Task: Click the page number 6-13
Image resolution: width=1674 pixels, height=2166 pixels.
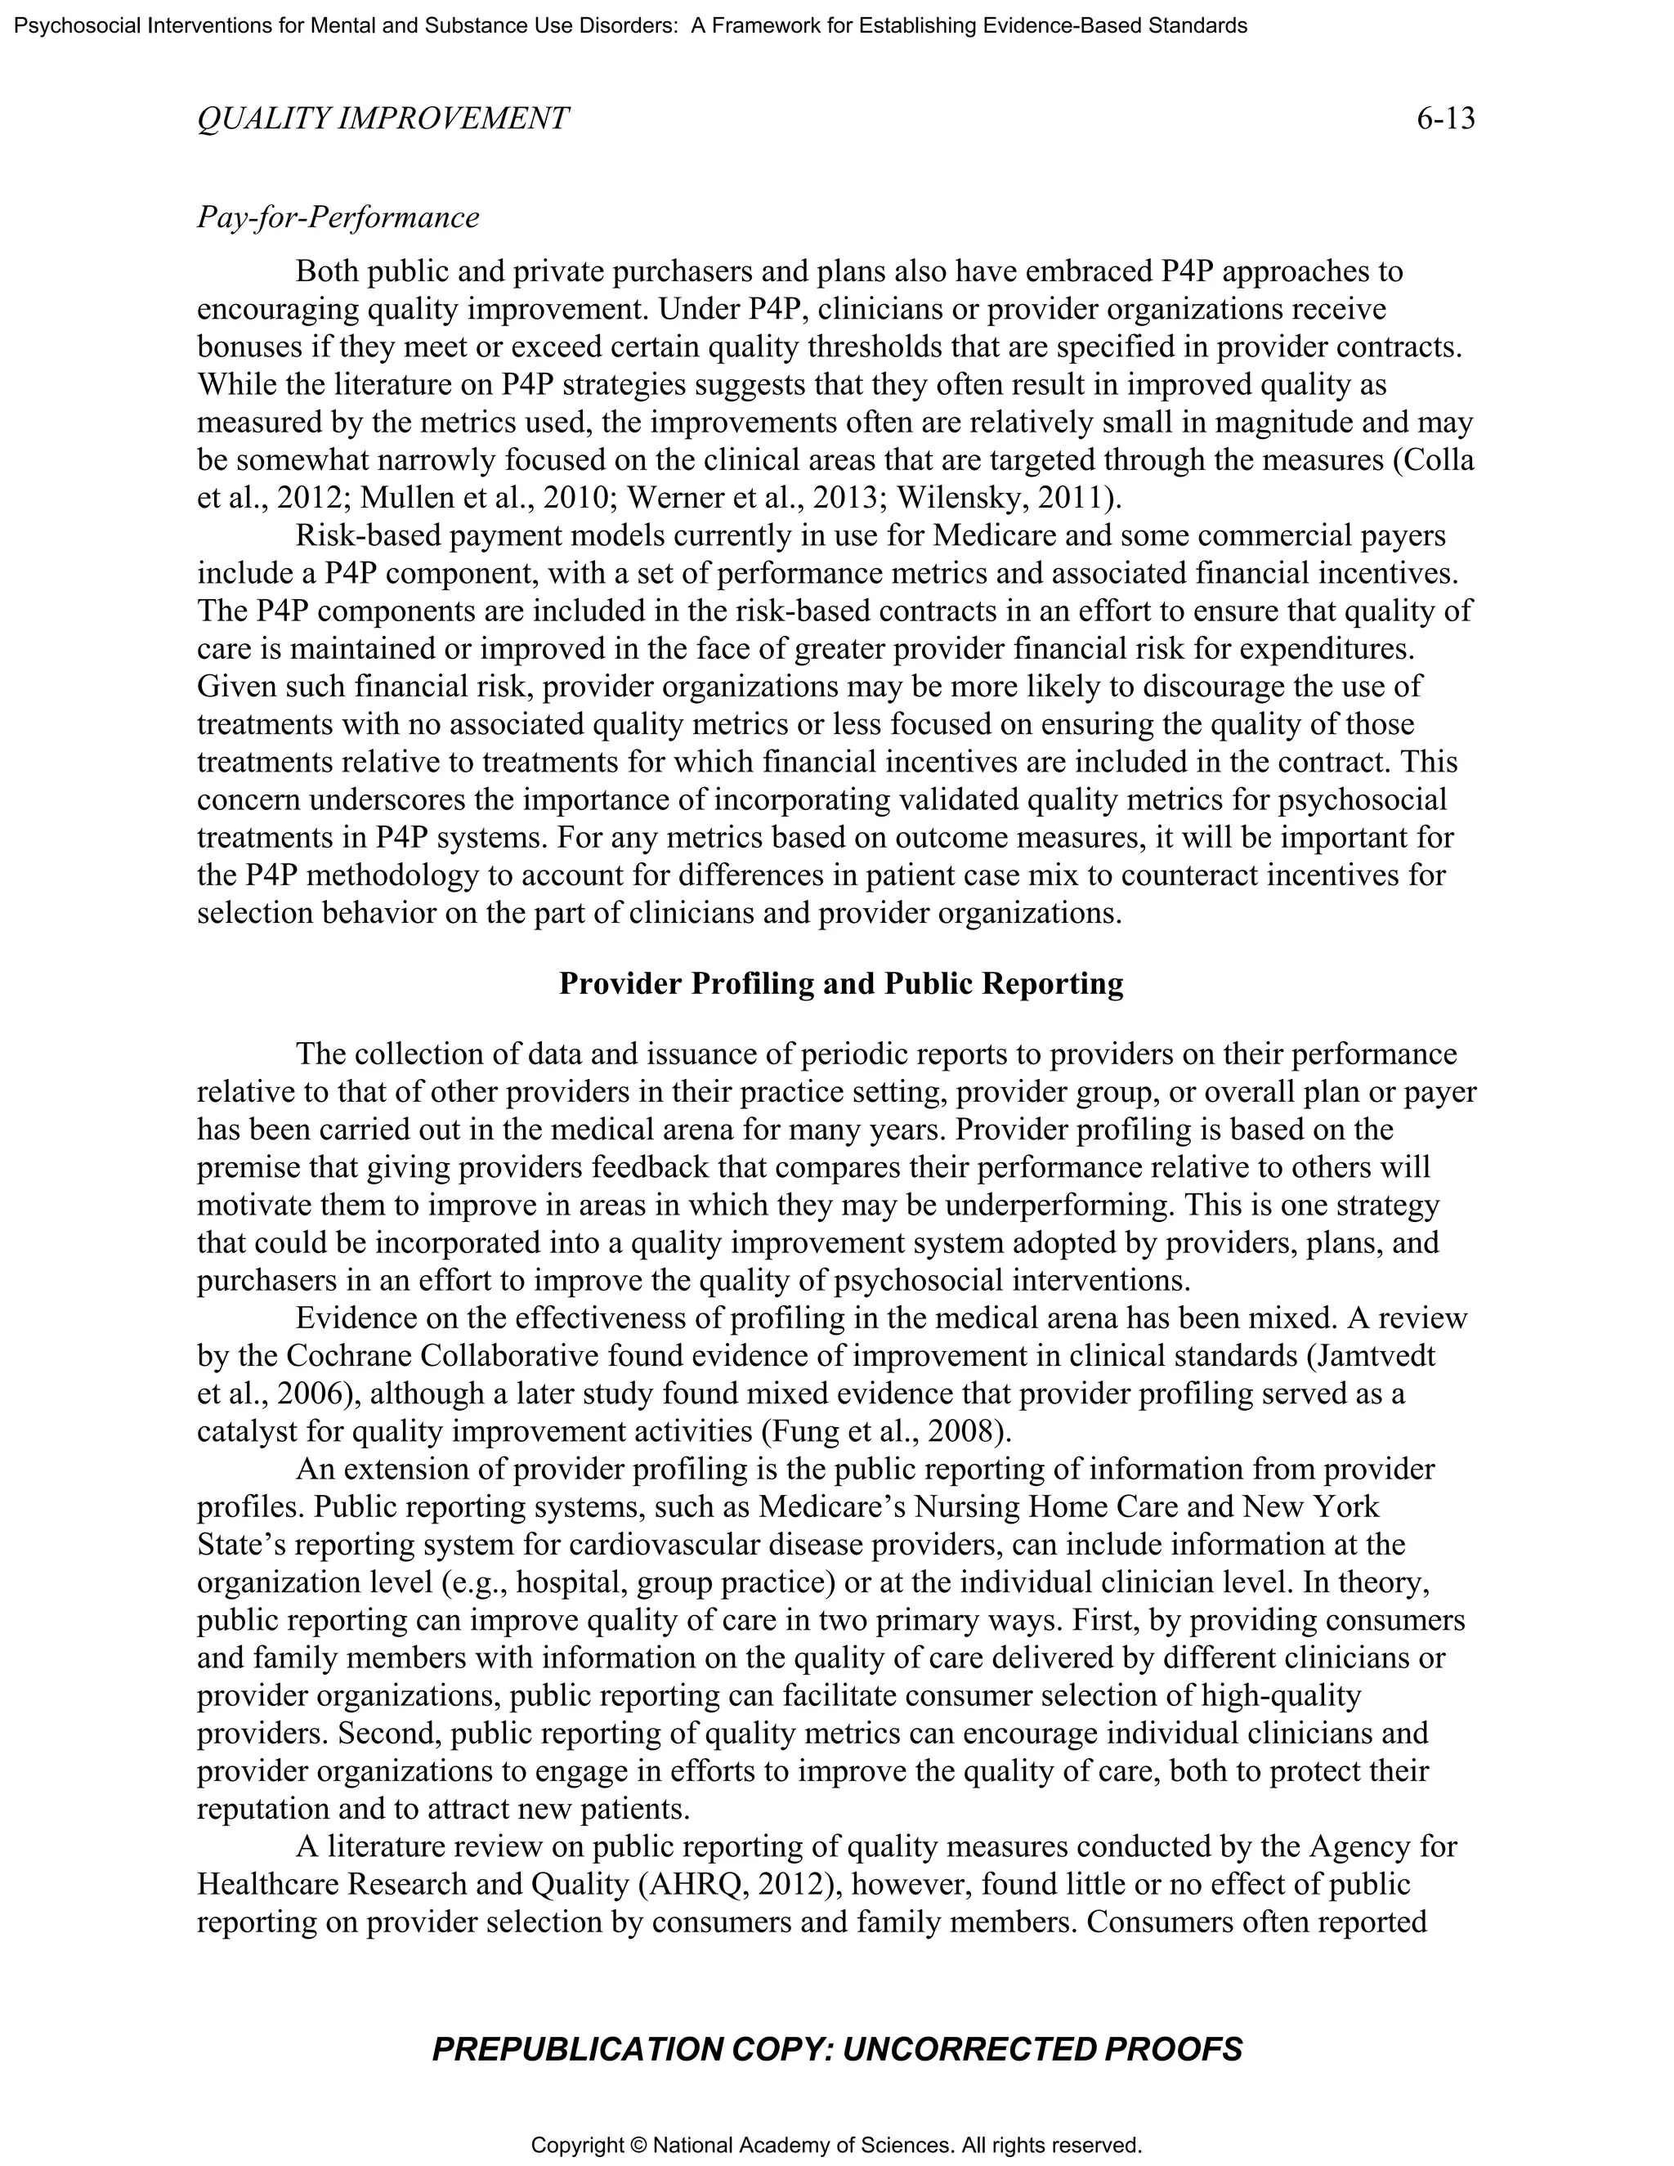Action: coord(1445,119)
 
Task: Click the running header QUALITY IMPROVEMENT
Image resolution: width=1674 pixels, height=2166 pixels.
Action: coord(383,119)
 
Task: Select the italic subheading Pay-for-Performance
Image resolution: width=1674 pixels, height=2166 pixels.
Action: coord(338,217)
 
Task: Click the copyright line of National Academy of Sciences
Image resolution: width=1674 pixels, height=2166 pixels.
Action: coord(837,2146)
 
